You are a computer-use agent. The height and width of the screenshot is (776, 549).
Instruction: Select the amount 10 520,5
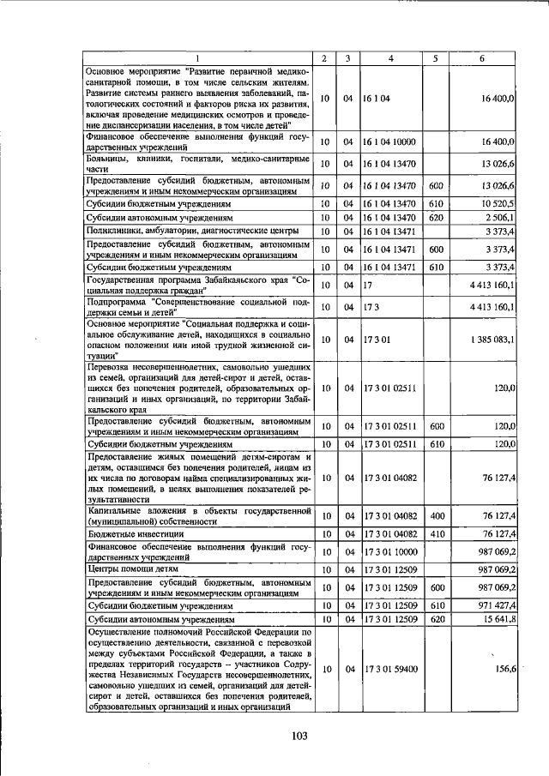point(497,203)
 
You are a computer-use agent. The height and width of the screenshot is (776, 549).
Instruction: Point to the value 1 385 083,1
point(492,340)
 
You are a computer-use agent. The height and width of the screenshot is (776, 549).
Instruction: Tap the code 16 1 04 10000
point(390,141)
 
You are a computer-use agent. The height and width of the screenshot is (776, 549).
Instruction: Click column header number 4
point(390,58)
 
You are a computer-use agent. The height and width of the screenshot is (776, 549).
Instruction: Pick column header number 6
point(482,58)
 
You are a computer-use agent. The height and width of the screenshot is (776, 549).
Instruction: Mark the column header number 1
point(196,58)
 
